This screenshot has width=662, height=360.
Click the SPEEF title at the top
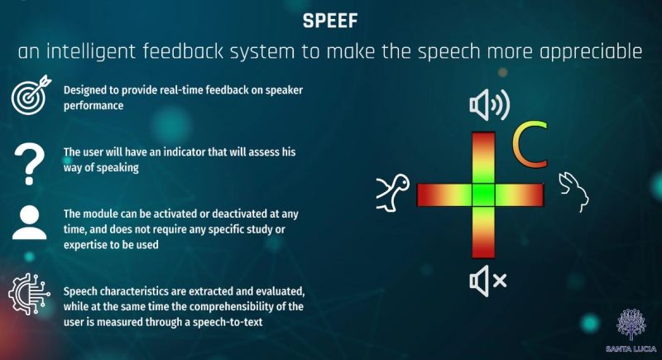click(330, 21)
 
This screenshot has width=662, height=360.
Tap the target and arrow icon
click(31, 95)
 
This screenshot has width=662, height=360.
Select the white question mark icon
click(29, 164)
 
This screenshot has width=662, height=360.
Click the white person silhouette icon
click(29, 223)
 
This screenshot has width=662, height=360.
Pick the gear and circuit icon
click(29, 294)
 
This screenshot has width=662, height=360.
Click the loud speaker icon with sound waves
click(489, 104)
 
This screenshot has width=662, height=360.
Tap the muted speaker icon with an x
click(487, 281)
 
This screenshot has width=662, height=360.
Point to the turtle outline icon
click(392, 193)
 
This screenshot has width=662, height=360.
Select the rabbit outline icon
click(573, 192)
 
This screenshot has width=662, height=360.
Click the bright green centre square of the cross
click(483, 194)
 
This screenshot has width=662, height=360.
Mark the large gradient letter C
click(530, 144)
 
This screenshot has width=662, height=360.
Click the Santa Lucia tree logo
click(631, 324)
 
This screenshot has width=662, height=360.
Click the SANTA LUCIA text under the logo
click(631, 349)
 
